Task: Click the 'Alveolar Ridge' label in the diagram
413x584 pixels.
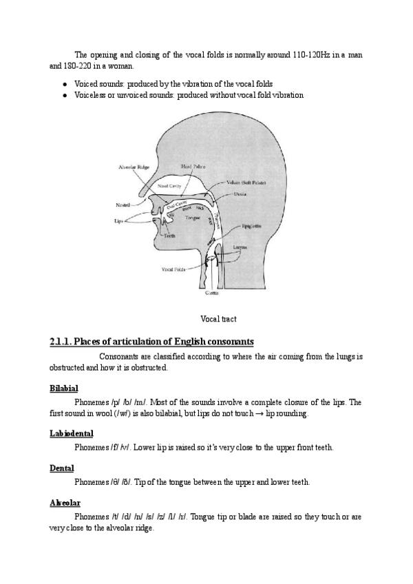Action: coord(133,167)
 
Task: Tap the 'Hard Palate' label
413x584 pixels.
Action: coord(192,166)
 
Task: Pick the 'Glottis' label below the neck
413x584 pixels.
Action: coord(212,292)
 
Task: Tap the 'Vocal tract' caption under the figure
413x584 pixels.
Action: coord(217,318)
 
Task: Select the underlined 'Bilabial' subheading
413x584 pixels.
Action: coord(64,388)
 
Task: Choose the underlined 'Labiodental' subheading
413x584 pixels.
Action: coord(72,432)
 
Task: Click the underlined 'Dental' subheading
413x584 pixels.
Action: coord(62,468)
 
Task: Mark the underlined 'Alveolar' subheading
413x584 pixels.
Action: coord(65,503)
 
